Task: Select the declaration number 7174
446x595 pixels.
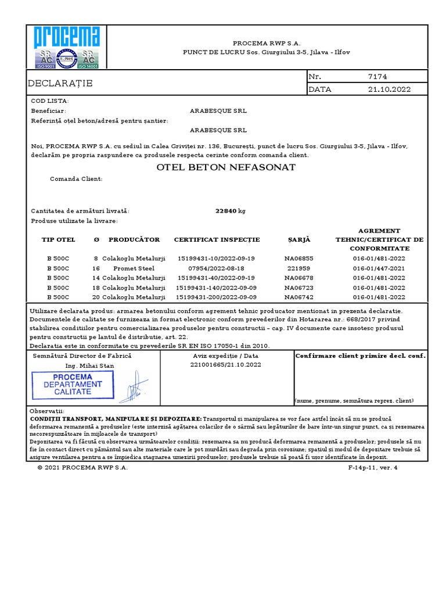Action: (x=377, y=77)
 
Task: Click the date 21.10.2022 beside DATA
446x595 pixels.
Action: (x=389, y=89)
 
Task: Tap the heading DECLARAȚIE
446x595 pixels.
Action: (x=60, y=84)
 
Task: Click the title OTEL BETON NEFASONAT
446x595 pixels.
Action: (x=226, y=167)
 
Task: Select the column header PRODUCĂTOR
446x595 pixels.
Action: (x=134, y=239)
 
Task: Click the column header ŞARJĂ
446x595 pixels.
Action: (x=299, y=239)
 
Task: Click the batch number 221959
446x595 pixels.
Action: (x=299, y=268)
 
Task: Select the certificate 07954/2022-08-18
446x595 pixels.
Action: (x=217, y=268)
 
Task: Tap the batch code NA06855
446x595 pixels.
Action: (x=299, y=259)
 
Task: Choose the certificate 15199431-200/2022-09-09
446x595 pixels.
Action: (x=217, y=297)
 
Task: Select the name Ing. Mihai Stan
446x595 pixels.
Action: (x=89, y=366)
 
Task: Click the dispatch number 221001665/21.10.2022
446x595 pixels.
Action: (x=226, y=364)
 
